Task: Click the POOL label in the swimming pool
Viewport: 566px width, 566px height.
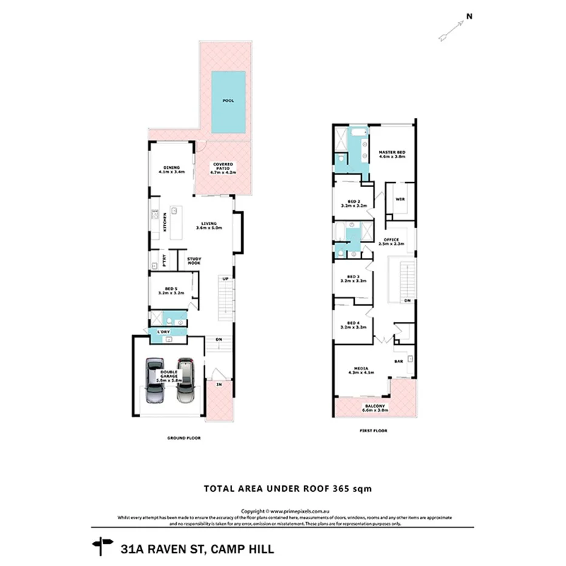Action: [228, 101]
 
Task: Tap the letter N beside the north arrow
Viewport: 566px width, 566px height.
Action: [468, 18]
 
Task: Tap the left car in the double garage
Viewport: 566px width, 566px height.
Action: [155, 381]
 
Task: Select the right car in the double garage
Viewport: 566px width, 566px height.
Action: [185, 381]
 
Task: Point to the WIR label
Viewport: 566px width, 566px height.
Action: [399, 199]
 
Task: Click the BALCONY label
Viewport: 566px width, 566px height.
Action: [373, 407]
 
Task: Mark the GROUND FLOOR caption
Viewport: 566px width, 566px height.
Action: [183, 438]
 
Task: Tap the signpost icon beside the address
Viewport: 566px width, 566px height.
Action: [101, 547]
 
